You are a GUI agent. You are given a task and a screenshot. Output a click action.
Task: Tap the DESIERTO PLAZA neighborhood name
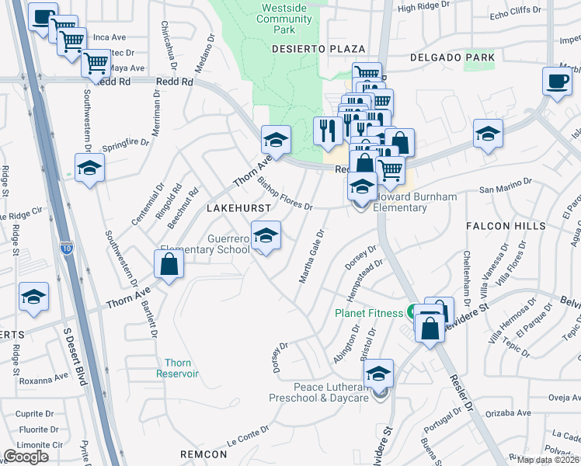click(x=308, y=48)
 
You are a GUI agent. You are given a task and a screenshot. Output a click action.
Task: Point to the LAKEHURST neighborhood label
click(x=239, y=209)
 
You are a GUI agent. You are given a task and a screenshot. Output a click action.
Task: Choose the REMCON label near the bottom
click(x=203, y=453)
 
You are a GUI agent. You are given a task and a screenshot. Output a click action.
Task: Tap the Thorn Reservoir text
click(x=182, y=368)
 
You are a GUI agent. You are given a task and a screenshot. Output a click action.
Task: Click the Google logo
click(x=26, y=456)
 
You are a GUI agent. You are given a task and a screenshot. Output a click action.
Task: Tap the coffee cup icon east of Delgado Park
click(x=556, y=82)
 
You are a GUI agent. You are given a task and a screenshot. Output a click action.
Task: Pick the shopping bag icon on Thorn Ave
click(x=169, y=264)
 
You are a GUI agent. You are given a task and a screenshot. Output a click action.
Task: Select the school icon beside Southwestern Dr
click(x=89, y=168)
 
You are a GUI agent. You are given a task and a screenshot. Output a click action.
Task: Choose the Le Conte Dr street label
click(x=248, y=436)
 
